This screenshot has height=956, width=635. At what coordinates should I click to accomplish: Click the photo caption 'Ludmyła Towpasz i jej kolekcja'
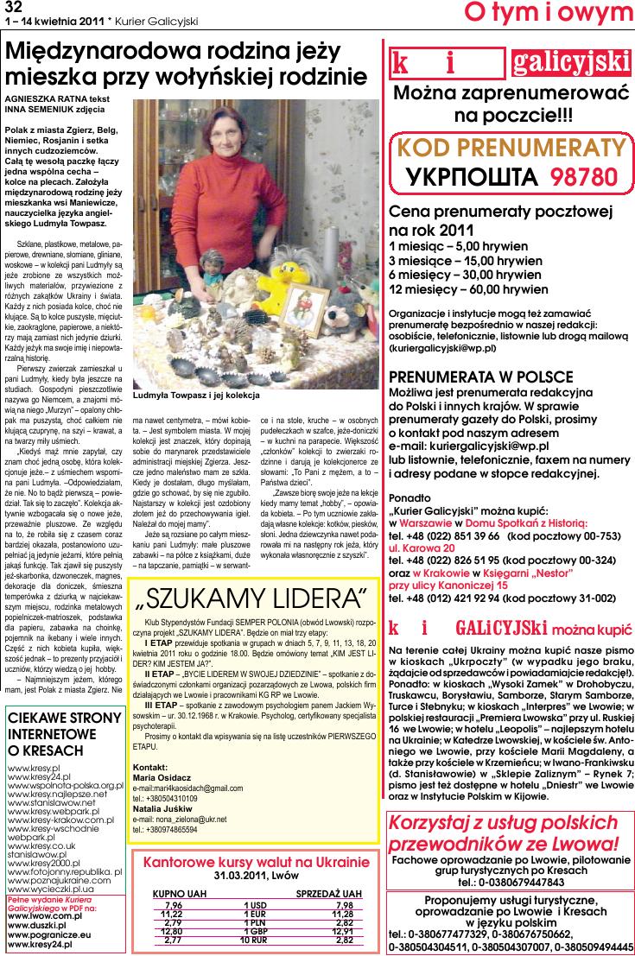click(x=197, y=396)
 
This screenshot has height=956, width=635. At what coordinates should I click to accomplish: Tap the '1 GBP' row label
click(x=257, y=931)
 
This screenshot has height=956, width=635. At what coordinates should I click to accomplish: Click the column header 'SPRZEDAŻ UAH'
click(x=328, y=893)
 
